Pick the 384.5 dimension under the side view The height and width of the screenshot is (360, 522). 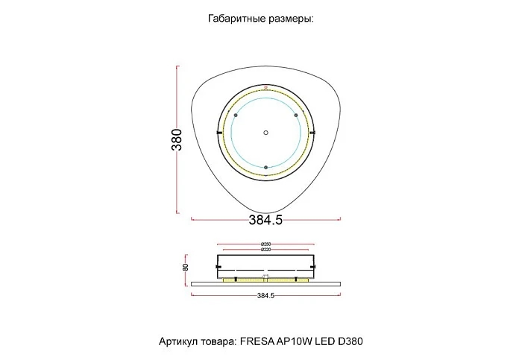(x=266, y=296)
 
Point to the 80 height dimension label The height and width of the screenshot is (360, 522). (x=186, y=268)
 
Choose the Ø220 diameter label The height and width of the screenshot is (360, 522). (x=265, y=250)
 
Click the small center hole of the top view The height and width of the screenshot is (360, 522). (x=265, y=133)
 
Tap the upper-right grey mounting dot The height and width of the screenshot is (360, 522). (x=296, y=116)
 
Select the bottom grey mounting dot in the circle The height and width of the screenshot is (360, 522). (x=265, y=166)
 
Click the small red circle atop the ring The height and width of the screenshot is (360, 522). (x=265, y=88)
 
